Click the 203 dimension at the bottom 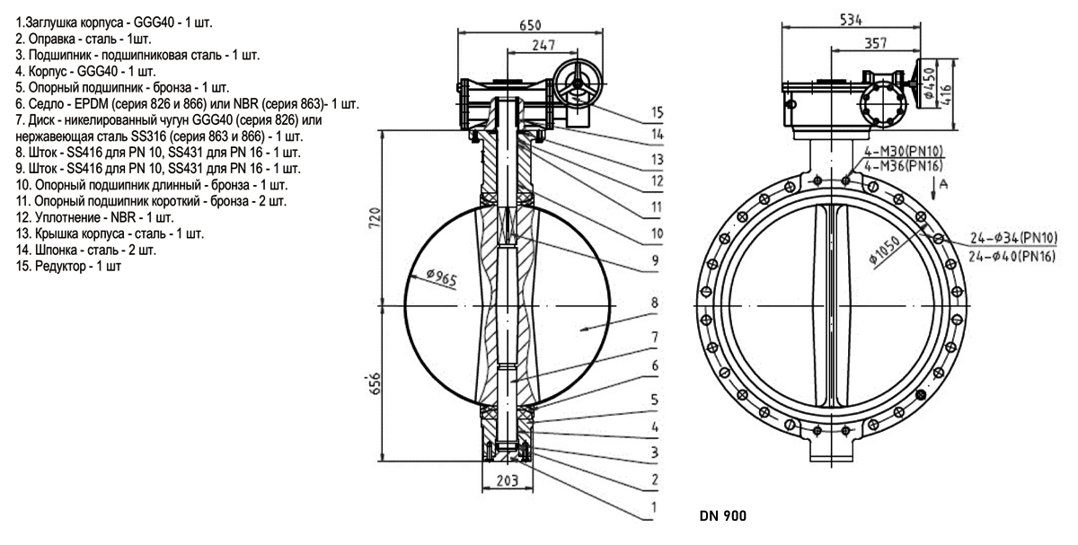pos(508,480)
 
